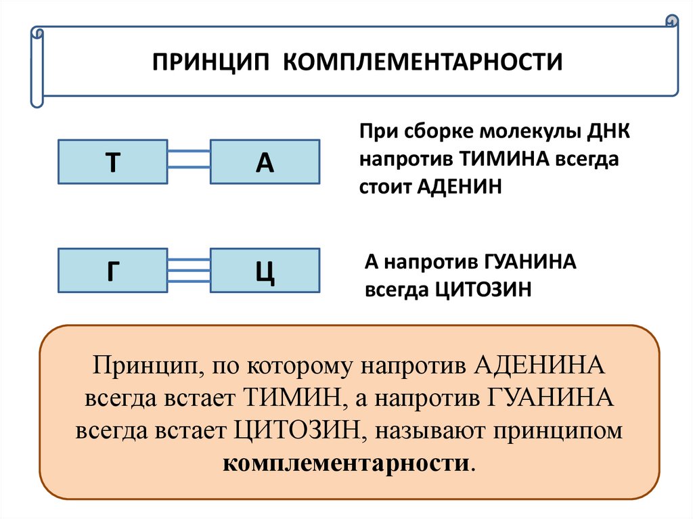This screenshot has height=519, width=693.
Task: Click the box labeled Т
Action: [x=112, y=162]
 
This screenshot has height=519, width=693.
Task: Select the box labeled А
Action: [x=265, y=162]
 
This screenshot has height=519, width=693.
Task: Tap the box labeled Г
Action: [x=112, y=271]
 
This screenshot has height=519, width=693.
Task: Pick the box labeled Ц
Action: [x=265, y=271]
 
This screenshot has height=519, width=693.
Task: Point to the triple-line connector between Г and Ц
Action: [x=188, y=271]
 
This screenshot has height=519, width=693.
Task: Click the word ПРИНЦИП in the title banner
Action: [x=210, y=62]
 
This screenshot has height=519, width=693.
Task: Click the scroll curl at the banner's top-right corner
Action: [x=671, y=20]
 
